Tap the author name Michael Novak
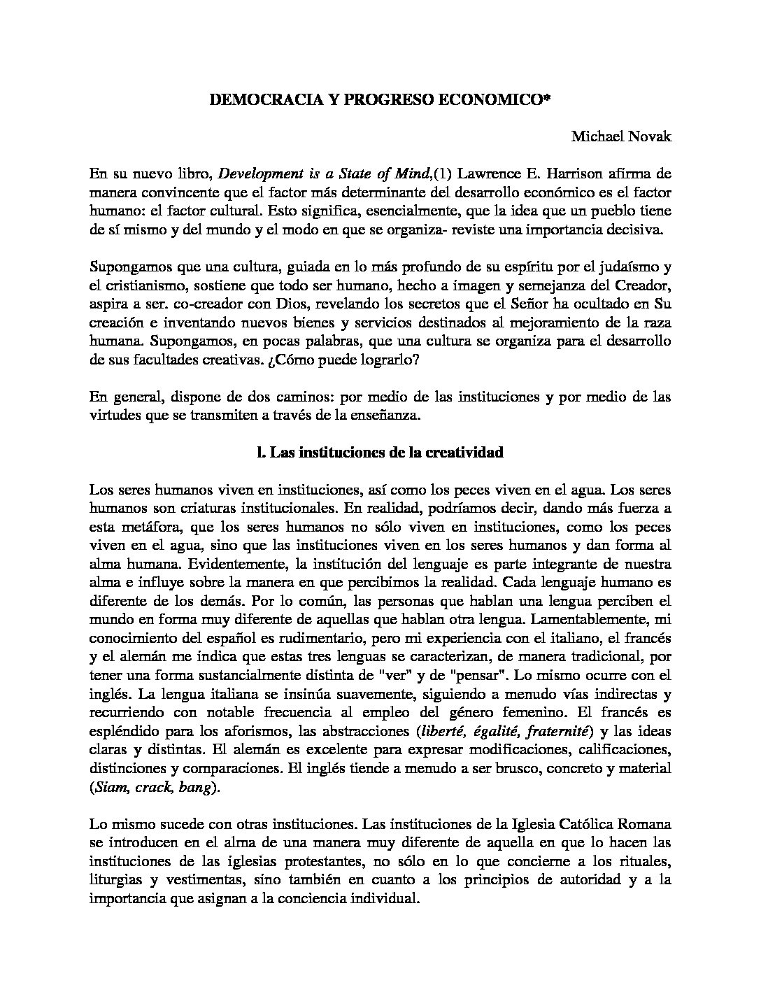[621, 136]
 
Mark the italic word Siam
[111, 787]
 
